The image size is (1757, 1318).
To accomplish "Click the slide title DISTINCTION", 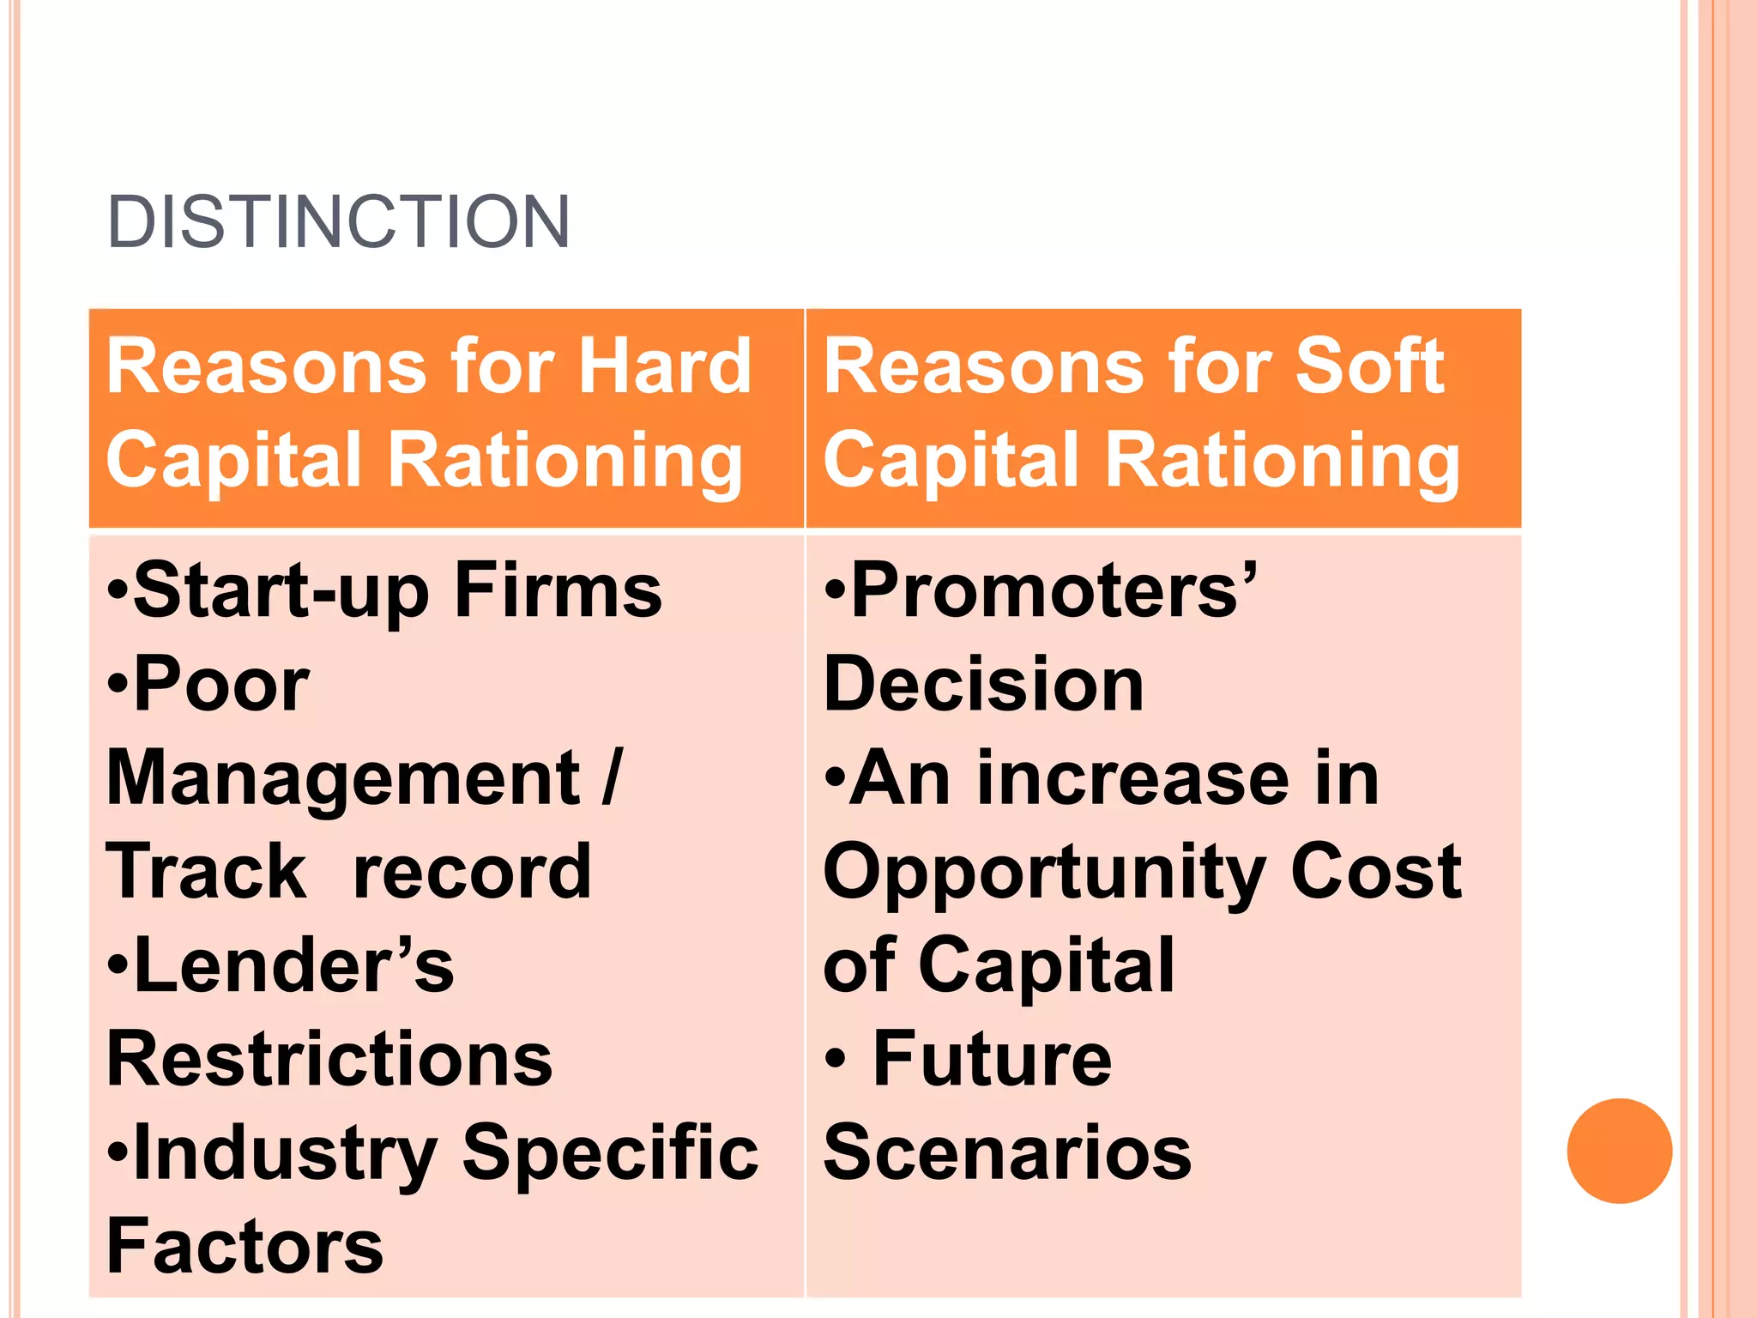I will coord(338,222).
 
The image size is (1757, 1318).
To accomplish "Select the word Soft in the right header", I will coord(1369,366).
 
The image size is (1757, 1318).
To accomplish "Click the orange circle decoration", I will coord(1619,1151).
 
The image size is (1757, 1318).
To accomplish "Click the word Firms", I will coord(558,590).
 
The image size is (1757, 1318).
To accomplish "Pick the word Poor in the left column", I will coord(220,685).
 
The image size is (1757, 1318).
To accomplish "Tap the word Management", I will coord(343,779).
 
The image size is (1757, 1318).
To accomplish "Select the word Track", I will coord(206,872).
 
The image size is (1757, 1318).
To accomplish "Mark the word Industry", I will coord(286,1155).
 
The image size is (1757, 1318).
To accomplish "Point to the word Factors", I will coord(245,1246).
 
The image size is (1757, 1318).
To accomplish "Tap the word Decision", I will coord(983,685).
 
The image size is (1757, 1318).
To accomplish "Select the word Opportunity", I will coord(1043,874).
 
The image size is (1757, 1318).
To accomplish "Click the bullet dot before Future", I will coord(836,1059).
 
